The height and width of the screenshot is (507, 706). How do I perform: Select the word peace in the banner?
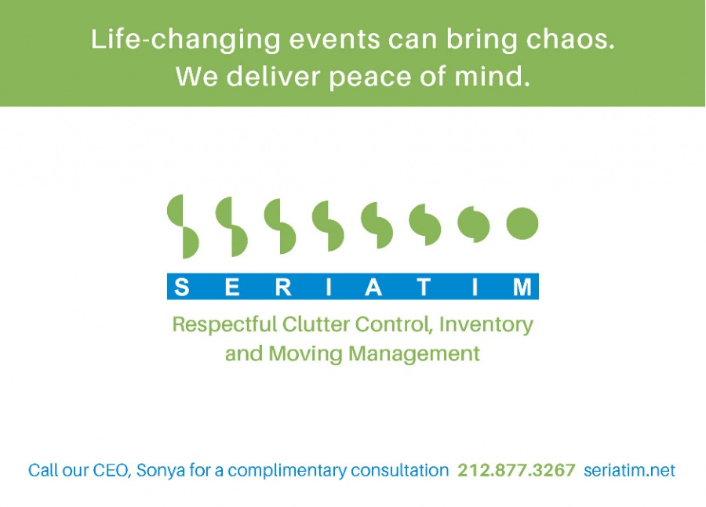point(370,78)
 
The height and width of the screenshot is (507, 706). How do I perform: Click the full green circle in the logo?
point(522,223)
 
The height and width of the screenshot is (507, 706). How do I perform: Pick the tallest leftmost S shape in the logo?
point(183,226)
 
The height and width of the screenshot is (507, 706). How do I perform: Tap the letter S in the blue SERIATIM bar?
point(181,287)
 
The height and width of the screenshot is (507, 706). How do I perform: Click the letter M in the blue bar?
point(522,287)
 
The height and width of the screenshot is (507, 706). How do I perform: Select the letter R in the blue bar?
point(283,287)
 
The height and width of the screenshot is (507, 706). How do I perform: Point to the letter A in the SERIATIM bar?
point(373,287)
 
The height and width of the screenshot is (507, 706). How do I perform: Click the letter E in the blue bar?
point(232,287)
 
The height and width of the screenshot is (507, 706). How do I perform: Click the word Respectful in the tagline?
point(224,324)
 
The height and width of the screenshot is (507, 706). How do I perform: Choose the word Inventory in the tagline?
point(486,324)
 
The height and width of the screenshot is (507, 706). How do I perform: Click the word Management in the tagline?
point(414,354)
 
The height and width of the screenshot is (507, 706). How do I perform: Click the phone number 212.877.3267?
point(516,470)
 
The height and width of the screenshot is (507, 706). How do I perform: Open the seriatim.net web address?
point(629,470)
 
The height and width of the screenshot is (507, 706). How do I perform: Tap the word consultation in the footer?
point(400,470)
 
